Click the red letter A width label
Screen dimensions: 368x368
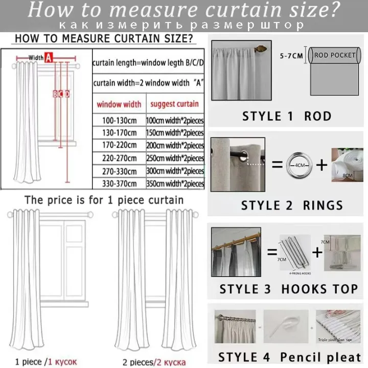pyautogui.click(x=49, y=58)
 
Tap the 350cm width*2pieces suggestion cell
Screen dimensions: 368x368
pyautogui.click(x=175, y=183)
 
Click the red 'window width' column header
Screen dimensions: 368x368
pyautogui.click(x=119, y=104)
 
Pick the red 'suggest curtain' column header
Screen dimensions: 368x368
pyautogui.click(x=175, y=104)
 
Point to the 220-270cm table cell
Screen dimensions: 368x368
pyautogui.click(x=119, y=158)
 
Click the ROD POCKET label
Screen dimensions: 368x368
pyautogui.click(x=335, y=55)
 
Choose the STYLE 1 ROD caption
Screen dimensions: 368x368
pyautogui.click(x=287, y=116)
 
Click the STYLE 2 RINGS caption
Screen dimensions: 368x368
pyautogui.click(x=292, y=205)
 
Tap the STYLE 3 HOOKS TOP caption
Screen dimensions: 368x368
pyautogui.click(x=288, y=289)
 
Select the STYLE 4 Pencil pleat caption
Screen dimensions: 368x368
pyautogui.click(x=289, y=357)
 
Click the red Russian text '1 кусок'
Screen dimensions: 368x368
pyautogui.click(x=62, y=362)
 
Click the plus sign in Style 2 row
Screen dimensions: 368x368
pyautogui.click(x=321, y=165)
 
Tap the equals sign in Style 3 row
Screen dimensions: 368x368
pyautogui.click(x=272, y=251)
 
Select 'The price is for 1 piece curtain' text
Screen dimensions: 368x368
pyautogui.click(x=104, y=200)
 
